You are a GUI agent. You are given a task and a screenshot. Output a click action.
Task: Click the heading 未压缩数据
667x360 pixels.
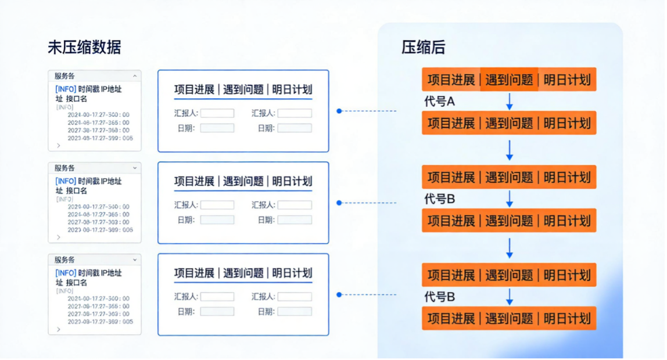click(84, 48)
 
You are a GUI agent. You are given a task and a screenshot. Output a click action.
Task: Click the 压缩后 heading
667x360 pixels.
click(423, 48)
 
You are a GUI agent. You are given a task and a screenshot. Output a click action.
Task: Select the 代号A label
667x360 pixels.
click(440, 102)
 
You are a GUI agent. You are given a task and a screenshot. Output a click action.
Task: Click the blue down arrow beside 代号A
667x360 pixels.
click(510, 101)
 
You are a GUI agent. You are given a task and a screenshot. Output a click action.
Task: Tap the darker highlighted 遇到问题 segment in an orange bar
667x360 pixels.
click(509, 80)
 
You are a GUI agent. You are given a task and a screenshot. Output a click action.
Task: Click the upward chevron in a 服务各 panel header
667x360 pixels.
click(135, 75)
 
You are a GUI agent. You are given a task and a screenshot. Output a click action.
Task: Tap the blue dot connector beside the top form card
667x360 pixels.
click(339, 110)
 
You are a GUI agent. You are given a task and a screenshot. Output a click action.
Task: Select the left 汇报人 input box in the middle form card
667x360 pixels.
click(217, 205)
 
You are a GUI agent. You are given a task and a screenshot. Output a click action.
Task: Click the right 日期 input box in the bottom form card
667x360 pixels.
click(294, 311)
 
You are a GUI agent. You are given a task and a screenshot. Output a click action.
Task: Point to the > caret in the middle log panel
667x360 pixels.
click(58, 237)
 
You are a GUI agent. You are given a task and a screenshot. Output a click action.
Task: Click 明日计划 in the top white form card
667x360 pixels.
click(292, 89)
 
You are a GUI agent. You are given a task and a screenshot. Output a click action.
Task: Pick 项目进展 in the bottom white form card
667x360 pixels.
click(194, 273)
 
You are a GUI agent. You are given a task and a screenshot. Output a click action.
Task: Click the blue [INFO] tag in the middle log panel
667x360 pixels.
click(66, 181)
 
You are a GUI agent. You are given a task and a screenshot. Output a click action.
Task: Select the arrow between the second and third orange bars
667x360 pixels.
click(510, 150)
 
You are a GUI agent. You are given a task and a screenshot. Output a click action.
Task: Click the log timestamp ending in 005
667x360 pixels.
click(100, 321)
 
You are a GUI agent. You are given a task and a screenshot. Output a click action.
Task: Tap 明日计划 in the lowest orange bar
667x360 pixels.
click(566, 318)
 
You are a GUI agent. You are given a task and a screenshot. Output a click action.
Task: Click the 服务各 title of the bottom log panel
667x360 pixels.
click(64, 260)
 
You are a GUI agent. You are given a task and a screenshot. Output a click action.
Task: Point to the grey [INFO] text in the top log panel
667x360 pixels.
click(64, 107)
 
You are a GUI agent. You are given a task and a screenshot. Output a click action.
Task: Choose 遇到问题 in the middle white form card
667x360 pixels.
click(243, 181)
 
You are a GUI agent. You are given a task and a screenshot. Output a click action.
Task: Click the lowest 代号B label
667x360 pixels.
click(440, 297)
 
